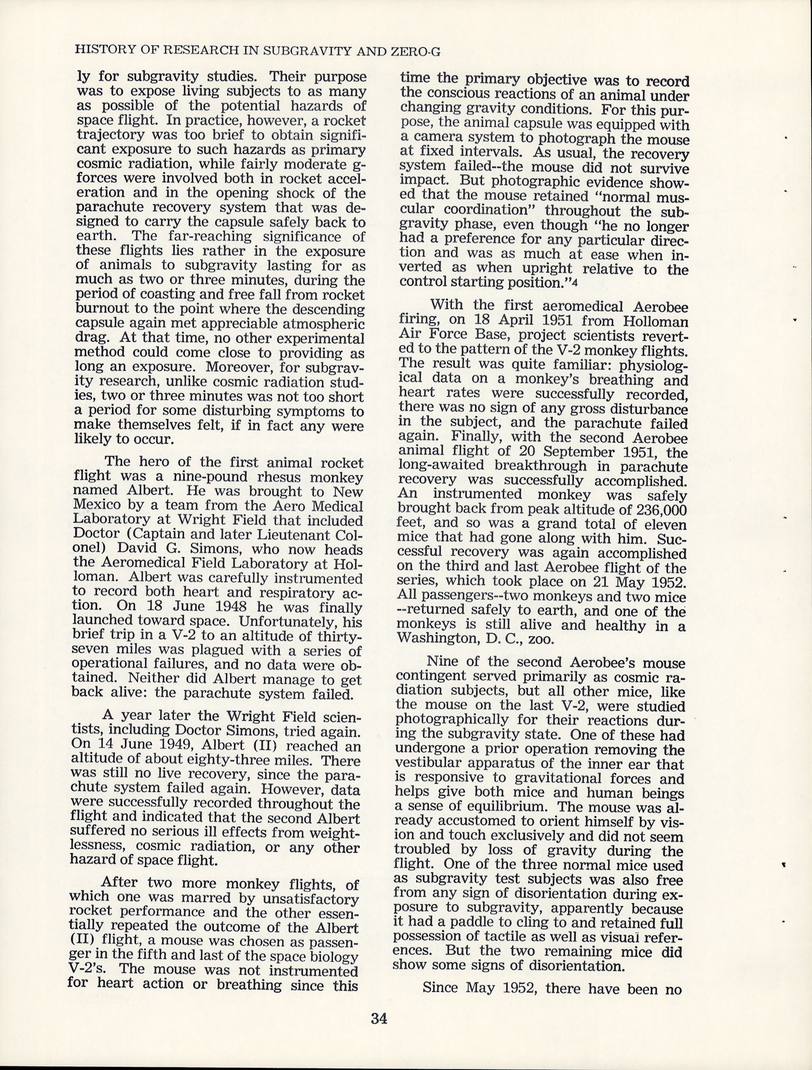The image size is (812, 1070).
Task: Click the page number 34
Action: pyautogui.click(x=379, y=1019)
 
